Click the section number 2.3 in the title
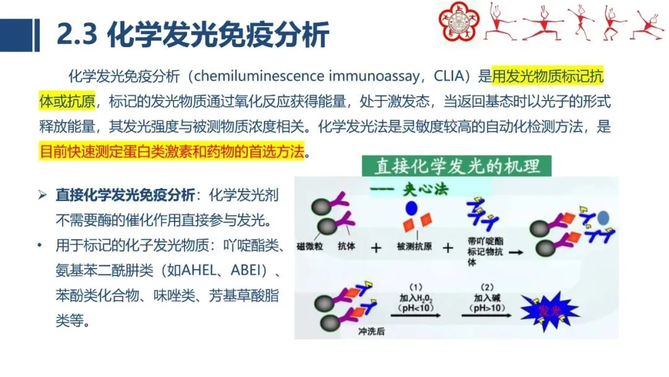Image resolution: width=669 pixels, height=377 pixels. pyautogui.click(x=77, y=35)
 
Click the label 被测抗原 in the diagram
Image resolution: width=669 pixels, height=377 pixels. pyautogui.click(x=413, y=247)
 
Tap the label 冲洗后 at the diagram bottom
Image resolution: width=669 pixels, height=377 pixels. pyautogui.click(x=371, y=332)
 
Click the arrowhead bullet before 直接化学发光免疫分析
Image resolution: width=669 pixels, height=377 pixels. pyautogui.click(x=42, y=195)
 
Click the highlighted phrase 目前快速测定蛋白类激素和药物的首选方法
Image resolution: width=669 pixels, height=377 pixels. pyautogui.click(x=173, y=151)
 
